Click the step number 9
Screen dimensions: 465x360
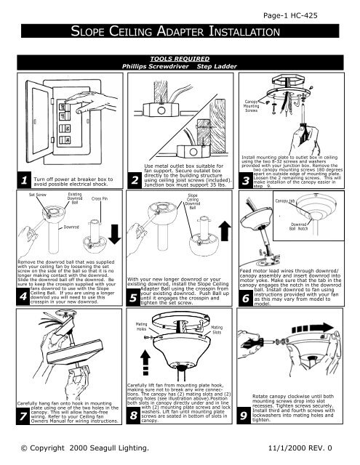coord(249,415)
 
